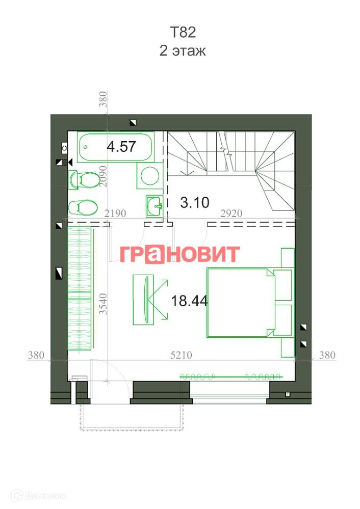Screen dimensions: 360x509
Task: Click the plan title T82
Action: [183, 33]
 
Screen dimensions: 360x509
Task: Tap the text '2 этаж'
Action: [183, 51]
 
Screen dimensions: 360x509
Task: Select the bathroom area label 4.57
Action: [121, 146]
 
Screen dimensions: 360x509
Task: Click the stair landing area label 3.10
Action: [195, 202]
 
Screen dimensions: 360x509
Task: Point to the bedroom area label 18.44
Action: [189, 301]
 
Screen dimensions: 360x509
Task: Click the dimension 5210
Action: [182, 355]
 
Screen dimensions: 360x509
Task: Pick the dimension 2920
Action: [232, 213]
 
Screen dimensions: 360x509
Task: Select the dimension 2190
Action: [115, 213]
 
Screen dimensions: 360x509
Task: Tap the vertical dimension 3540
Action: [103, 304]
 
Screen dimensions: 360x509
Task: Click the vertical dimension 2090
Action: [103, 176]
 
